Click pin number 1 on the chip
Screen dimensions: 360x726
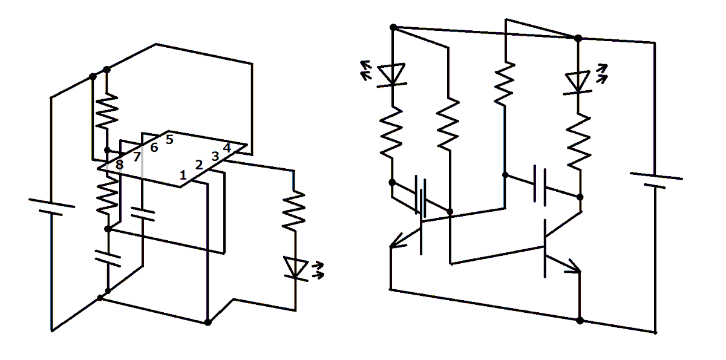click(183, 175)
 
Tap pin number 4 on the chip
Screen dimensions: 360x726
click(227, 147)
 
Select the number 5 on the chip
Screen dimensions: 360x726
click(169, 140)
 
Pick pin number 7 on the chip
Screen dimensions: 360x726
click(137, 157)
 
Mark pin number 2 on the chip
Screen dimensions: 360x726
click(198, 165)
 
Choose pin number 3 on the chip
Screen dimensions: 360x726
click(214, 156)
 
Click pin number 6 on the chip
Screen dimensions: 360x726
click(154, 148)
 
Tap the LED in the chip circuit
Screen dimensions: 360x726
click(296, 267)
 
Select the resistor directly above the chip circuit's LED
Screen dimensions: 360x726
click(295, 209)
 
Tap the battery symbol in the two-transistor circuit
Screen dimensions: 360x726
click(656, 179)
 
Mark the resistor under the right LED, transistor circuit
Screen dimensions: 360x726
click(579, 140)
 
